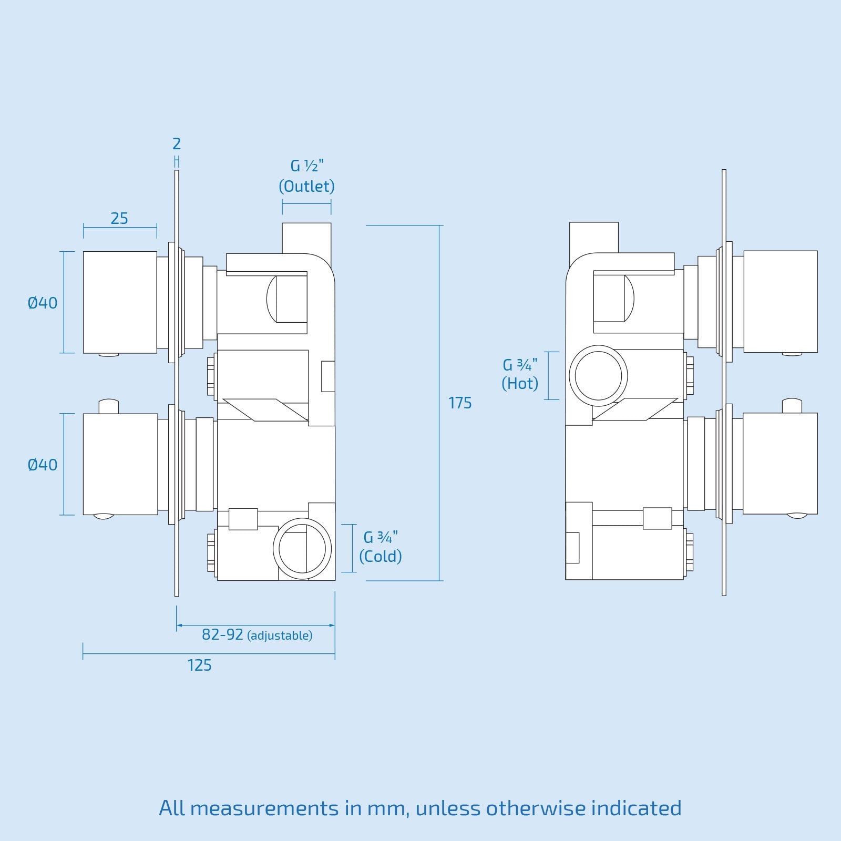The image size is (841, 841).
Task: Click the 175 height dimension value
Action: [460, 403]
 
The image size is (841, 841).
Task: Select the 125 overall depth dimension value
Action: [199, 665]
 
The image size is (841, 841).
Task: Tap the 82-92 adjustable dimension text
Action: [257, 635]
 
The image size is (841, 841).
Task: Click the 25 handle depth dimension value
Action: [119, 219]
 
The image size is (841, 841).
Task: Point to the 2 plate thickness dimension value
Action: [177, 143]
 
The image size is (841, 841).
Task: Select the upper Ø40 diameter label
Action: [43, 303]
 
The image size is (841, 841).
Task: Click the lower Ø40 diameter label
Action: [43, 465]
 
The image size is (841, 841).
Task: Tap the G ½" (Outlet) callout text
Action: [306, 176]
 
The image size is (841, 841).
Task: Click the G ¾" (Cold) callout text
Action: [381, 547]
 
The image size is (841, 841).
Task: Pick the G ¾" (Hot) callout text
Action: [520, 374]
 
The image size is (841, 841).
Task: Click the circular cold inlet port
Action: [302, 549]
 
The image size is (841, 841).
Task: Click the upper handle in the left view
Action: [120, 302]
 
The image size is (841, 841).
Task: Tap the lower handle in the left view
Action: [120, 464]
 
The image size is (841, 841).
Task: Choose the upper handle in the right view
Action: [781, 301]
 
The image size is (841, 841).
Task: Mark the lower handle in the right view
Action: [780, 463]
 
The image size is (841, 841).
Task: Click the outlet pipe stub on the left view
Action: [306, 238]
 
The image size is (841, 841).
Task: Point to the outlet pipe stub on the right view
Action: [594, 237]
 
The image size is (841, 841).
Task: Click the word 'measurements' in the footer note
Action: [264, 808]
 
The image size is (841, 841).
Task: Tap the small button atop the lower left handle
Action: [109, 406]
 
